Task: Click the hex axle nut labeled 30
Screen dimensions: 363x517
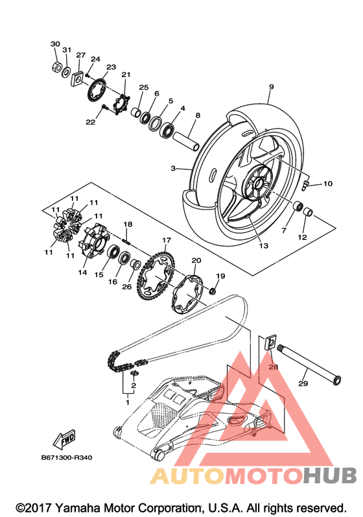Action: [56, 67]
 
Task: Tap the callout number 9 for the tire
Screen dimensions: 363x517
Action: [272, 87]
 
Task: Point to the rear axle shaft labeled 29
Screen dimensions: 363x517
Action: [310, 365]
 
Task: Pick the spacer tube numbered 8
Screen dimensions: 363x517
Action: [187, 141]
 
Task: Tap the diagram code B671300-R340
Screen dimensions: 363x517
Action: [67, 458]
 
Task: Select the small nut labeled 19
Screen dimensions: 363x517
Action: [213, 291]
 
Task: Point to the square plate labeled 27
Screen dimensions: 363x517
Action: [77, 78]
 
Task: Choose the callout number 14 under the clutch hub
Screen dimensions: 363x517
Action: [82, 272]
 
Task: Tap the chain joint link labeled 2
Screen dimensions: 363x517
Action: [134, 373]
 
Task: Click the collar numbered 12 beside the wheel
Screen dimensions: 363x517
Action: [308, 211]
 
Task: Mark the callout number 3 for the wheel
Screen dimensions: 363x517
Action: [173, 169]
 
